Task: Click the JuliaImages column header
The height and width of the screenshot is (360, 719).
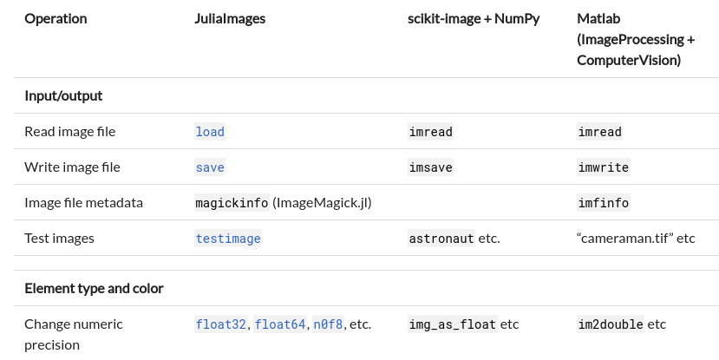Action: tap(230, 18)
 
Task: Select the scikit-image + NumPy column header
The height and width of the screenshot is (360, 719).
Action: tap(474, 18)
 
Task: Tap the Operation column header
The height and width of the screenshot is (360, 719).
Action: tap(56, 18)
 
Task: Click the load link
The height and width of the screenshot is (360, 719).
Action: tap(210, 132)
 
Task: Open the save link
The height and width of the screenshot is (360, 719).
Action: tap(210, 167)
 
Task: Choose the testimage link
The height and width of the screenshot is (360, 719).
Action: tap(228, 239)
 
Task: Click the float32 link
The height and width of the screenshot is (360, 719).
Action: tap(221, 324)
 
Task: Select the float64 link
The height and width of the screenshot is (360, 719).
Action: tap(280, 324)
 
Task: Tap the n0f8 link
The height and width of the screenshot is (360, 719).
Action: tap(328, 324)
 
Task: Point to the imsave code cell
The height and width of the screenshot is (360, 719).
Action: tap(430, 167)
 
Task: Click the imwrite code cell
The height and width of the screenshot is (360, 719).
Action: tap(604, 167)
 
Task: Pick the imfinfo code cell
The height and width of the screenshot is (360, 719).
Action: tap(604, 203)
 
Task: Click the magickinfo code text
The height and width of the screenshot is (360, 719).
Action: tap(232, 203)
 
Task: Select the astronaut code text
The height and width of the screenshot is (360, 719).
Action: tap(441, 239)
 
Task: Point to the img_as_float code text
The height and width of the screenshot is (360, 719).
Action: tap(452, 324)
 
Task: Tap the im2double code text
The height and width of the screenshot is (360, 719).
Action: tap(611, 324)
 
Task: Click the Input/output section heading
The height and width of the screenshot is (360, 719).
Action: tap(64, 95)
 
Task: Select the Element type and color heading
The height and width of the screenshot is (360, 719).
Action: tap(94, 288)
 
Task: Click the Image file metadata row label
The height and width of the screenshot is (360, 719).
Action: tap(83, 203)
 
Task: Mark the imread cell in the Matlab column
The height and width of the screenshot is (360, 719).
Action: tap(600, 132)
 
